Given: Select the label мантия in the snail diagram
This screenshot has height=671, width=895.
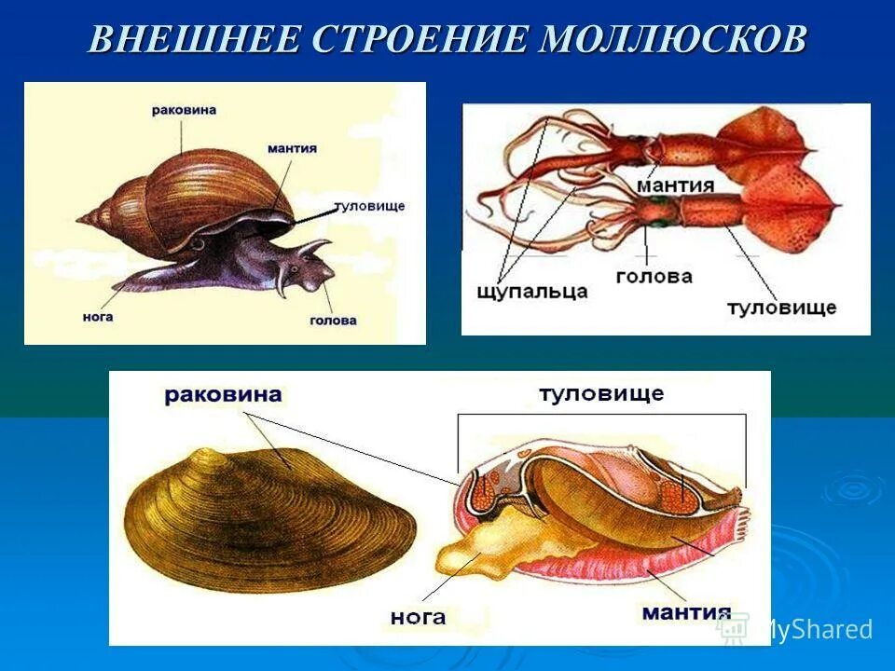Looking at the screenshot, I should pos(292,148).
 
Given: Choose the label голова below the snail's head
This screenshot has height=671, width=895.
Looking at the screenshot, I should pos(333,320).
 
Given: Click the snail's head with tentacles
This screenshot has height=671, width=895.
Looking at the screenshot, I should pos(306,266).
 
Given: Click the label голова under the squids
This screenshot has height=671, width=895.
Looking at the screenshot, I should pos(654,276).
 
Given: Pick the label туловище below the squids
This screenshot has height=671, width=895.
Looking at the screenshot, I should pos(781,307).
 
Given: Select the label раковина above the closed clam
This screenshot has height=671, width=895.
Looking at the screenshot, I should pos(223,395).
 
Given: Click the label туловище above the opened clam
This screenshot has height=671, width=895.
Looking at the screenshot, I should pos(601,393).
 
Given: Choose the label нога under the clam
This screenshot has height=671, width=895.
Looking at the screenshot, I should pos(418,616).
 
